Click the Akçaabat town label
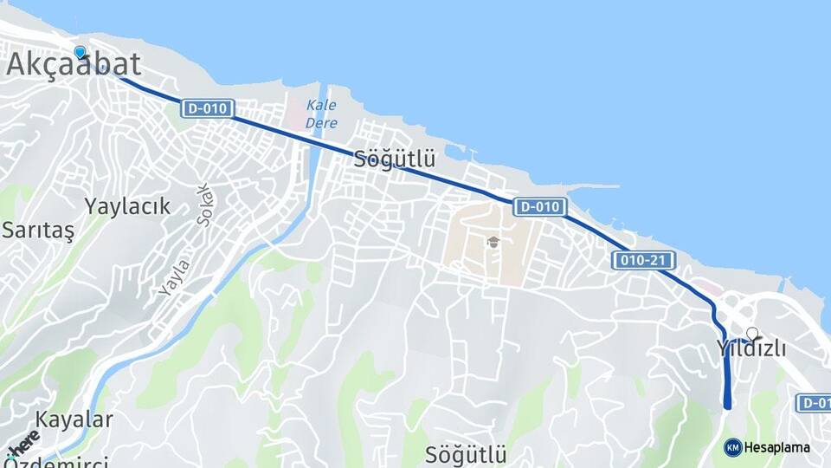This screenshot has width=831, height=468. pyautogui.click(x=74, y=64)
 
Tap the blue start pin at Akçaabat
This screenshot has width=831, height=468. pyautogui.click(x=81, y=52)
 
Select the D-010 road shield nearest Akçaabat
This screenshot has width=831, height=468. pyautogui.click(x=208, y=108)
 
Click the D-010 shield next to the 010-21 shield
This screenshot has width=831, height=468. pyautogui.click(x=540, y=207)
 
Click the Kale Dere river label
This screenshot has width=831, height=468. pyautogui.click(x=321, y=114)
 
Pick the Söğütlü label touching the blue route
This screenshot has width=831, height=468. pyautogui.click(x=395, y=159)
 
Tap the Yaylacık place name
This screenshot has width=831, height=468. pyautogui.click(x=127, y=206)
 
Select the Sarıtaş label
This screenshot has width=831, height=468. pyautogui.click(x=38, y=231)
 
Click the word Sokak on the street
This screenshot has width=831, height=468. pyautogui.click(x=204, y=205)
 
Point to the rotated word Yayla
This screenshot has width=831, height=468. pyautogui.click(x=173, y=276)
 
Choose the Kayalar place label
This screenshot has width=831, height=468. pyautogui.click(x=74, y=420)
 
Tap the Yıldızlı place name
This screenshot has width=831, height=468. pyautogui.click(x=751, y=349)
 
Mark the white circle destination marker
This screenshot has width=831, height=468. pyautogui.click(x=752, y=333)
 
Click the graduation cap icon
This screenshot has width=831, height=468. pyautogui.click(x=493, y=243)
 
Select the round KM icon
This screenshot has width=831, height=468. pyautogui.click(x=732, y=447)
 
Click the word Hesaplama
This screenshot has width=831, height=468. pyautogui.click(x=777, y=447)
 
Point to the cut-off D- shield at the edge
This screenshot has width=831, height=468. pyautogui.click(x=815, y=402)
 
